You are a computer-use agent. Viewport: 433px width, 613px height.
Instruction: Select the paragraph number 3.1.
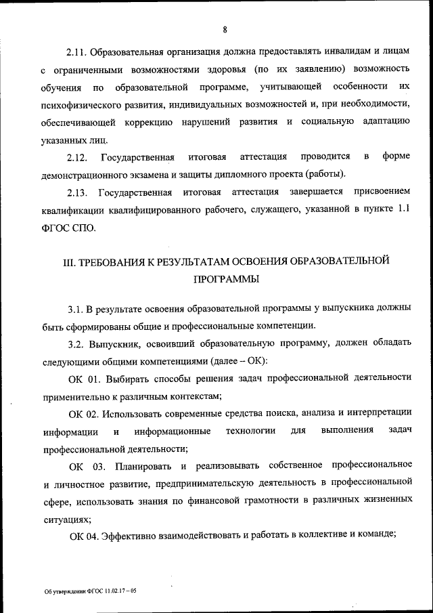(76, 308)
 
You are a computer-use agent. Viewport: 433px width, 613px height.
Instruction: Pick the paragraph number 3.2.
(76, 343)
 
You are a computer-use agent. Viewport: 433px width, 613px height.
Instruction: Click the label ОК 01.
(85, 377)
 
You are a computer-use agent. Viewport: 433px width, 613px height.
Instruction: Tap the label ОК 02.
(85, 413)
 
